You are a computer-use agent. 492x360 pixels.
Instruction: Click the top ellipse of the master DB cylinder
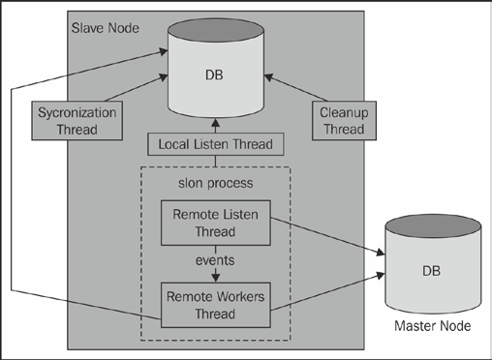(x=428, y=228)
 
